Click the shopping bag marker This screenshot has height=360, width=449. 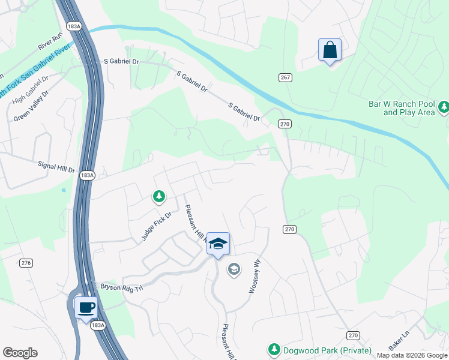(330, 50)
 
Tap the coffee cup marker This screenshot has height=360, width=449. (86, 308)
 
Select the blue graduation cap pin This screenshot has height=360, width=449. (218, 244)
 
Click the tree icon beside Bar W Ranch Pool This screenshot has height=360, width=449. (444, 107)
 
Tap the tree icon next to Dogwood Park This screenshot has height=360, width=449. (274, 349)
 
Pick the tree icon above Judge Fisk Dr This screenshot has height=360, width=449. (158, 196)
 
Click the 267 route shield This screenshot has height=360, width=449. (285, 77)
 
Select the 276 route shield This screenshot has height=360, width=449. (25, 263)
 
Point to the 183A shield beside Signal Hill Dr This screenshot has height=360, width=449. (87, 175)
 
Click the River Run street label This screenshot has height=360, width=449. (50, 46)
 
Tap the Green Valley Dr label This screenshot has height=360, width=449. (30, 107)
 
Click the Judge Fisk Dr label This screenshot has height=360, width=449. (156, 226)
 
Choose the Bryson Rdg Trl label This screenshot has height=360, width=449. (121, 288)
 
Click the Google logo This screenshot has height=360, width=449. (20, 353)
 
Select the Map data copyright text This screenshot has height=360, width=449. (411, 355)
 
